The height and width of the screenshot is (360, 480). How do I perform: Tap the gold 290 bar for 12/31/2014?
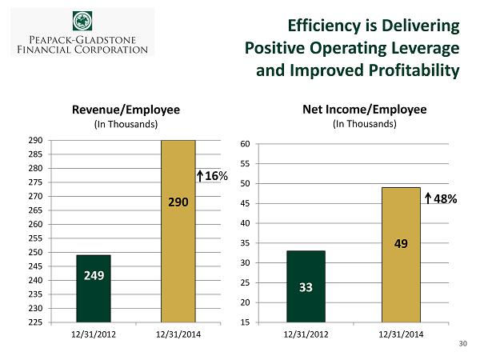click(x=178, y=231)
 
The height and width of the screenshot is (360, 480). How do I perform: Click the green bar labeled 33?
click(x=306, y=286)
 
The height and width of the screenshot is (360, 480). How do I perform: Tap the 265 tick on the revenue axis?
click(x=35, y=210)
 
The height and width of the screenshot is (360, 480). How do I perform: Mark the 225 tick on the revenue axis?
click(x=35, y=322)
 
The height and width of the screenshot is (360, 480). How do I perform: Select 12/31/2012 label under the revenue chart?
click(x=94, y=335)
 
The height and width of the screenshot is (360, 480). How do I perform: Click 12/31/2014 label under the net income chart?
click(x=400, y=335)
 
